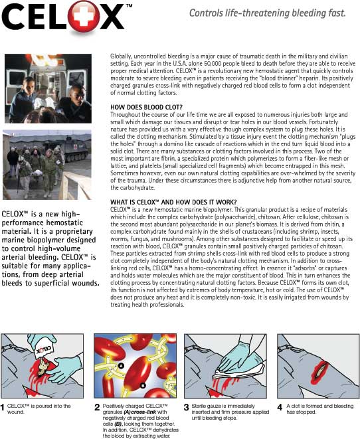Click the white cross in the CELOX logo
[84, 17]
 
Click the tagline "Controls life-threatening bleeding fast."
[267, 13]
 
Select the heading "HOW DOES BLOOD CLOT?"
[146, 107]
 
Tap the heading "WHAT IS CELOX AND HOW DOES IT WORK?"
[173, 202]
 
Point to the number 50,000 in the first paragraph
[205, 64]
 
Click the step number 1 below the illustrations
[3, 407]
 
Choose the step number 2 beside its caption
[97, 407]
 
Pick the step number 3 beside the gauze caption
[186, 407]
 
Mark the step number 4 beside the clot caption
[280, 407]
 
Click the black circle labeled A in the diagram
[121, 366]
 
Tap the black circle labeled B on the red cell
[143, 385]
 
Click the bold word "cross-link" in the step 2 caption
[143, 412]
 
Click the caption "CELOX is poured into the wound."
[39, 408]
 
